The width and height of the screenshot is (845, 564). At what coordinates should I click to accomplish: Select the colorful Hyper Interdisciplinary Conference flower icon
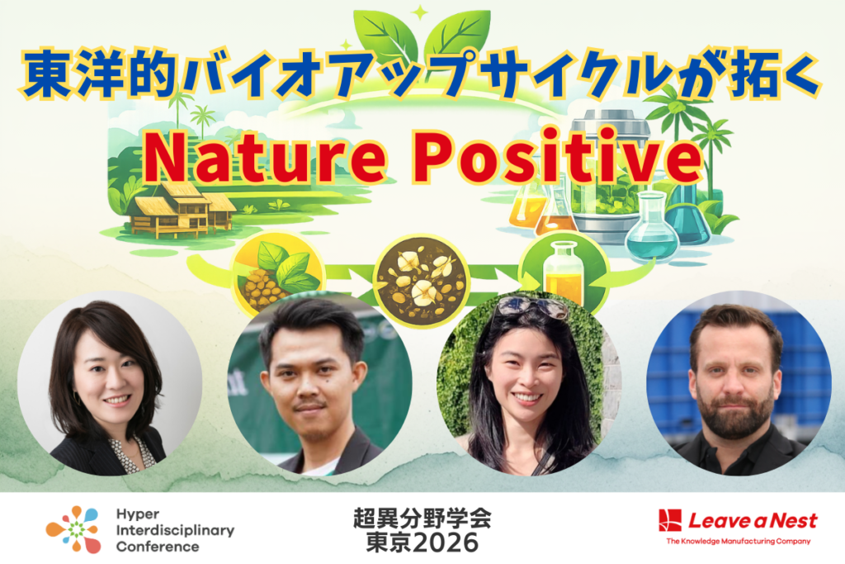73,528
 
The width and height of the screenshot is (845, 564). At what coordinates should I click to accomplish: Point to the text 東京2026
422,543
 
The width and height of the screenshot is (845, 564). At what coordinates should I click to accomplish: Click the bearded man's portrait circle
737,383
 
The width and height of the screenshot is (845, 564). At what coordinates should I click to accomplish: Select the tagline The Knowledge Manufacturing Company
738,542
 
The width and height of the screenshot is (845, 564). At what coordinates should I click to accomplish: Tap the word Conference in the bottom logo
157,546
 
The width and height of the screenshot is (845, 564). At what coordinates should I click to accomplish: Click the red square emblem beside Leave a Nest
669,520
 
